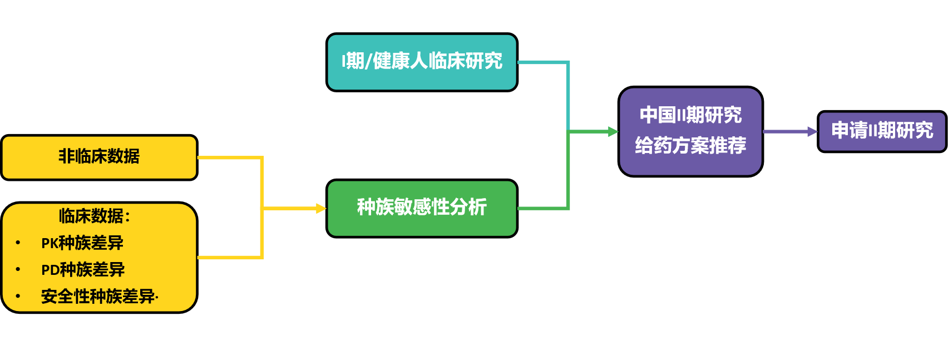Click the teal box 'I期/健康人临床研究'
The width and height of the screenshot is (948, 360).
[422, 62]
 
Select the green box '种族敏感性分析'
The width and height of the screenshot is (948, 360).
[422, 208]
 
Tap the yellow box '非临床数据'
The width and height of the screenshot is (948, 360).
[99, 157]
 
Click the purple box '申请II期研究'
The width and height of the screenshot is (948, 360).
[882, 131]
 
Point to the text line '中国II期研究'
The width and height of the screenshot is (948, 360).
[690, 116]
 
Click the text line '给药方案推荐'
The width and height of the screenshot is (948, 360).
[690, 146]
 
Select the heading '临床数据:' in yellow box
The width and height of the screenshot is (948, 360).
[95, 216]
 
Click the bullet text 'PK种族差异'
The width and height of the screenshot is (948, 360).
[82, 243]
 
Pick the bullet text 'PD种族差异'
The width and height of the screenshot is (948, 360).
[83, 270]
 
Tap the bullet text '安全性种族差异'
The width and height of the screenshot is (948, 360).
[98, 297]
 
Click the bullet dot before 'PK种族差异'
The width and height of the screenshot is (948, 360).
[18, 243]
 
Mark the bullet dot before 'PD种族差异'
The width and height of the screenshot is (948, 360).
[18, 269]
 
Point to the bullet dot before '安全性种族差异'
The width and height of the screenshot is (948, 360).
[18, 296]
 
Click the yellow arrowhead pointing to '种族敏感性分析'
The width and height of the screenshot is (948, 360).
[321, 208]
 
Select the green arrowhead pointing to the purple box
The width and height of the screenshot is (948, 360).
[613, 132]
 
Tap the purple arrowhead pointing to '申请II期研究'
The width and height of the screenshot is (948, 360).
[812, 132]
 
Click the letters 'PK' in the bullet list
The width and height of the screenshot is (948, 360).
[50, 244]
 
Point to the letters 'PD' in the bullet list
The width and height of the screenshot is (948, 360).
[50, 270]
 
